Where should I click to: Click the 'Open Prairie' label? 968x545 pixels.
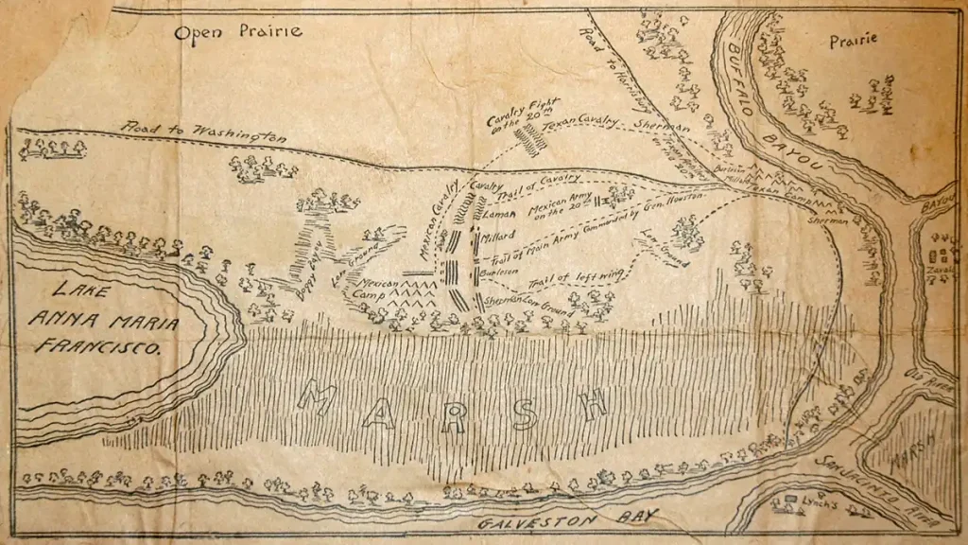[x=238, y=32]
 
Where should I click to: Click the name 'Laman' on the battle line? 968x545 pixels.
[x=496, y=215]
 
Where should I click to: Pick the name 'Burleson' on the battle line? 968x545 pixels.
[x=503, y=269]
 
